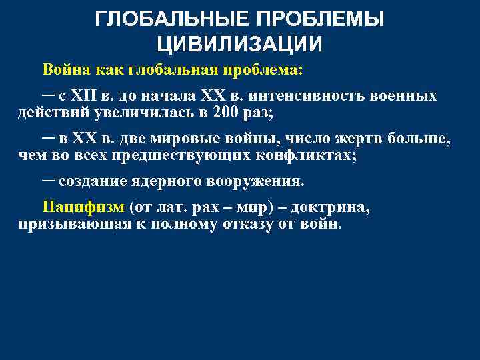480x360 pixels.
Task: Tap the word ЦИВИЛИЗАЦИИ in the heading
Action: click(239, 44)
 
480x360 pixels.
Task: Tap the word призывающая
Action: click(67, 224)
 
